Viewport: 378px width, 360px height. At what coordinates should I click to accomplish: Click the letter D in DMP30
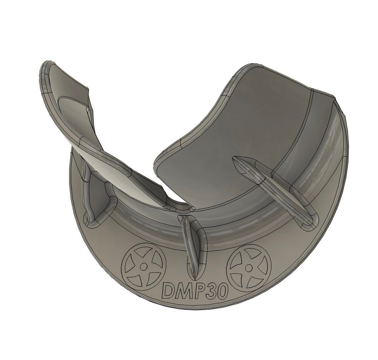[x=168, y=291]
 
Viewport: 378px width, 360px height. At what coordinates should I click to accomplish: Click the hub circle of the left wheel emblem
[x=143, y=266]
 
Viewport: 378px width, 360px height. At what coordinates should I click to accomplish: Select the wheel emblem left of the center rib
[x=143, y=266]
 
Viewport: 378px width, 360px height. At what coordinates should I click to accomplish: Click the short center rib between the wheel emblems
[x=192, y=248]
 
